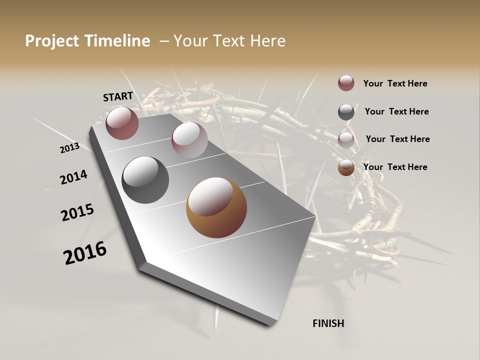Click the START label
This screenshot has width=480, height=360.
click(x=118, y=96)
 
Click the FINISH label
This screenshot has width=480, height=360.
click(x=328, y=323)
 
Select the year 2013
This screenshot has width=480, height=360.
click(x=69, y=148)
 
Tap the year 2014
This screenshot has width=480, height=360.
click(x=73, y=177)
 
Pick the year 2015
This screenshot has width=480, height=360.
click(x=77, y=212)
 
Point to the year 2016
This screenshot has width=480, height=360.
click(x=85, y=253)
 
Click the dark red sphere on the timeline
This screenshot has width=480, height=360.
click(x=122, y=123)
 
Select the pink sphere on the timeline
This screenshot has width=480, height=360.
click(x=189, y=139)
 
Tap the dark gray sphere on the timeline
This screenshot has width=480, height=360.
click(x=145, y=179)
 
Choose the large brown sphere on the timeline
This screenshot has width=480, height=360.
click(x=216, y=207)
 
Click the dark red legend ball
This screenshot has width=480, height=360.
click(x=346, y=83)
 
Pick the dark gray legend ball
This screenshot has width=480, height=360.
click(x=346, y=112)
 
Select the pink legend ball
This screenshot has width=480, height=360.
click(x=346, y=140)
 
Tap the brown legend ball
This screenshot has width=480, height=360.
click(x=346, y=167)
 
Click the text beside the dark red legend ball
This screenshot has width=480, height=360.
click(x=395, y=83)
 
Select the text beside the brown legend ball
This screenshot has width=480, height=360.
click(x=395, y=167)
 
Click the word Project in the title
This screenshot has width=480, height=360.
click(x=51, y=41)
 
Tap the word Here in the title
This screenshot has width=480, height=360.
click(x=267, y=41)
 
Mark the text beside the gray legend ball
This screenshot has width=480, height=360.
click(x=396, y=111)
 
